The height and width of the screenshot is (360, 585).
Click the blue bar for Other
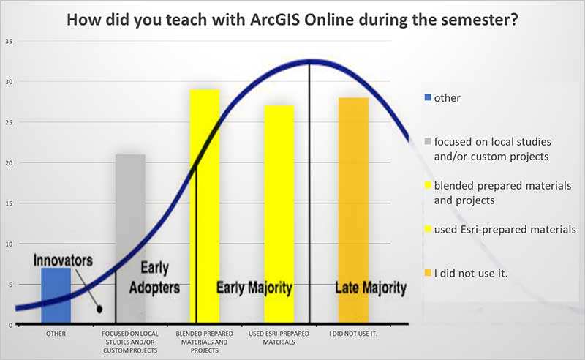pyautogui.click(x=56, y=296)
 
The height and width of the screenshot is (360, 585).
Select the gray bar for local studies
pyautogui.click(x=130, y=239)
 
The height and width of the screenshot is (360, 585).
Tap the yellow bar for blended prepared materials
pyautogui.click(x=205, y=206)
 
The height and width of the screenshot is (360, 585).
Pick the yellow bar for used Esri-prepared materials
pyautogui.click(x=279, y=214)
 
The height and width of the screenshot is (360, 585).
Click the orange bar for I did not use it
pyautogui.click(x=353, y=210)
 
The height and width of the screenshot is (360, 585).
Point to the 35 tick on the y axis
pyautogui.click(x=9, y=42)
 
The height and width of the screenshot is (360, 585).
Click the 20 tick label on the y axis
pyautogui.click(x=9, y=163)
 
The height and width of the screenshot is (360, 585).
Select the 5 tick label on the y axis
pyautogui.click(x=10, y=285)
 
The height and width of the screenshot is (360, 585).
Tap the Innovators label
pyautogui.click(x=63, y=260)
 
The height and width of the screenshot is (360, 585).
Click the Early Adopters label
pyautogui.click(x=154, y=278)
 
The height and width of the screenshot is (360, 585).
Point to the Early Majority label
pyautogui.click(x=254, y=288)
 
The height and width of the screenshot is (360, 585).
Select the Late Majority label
pyautogui.click(x=371, y=288)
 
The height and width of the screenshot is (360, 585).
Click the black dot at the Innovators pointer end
pyautogui.click(x=99, y=310)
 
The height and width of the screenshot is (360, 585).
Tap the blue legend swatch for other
pyautogui.click(x=428, y=97)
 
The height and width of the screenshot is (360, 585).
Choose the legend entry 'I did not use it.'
pyautogui.click(x=471, y=274)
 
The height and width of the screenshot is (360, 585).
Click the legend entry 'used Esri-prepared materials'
pyautogui.click(x=505, y=229)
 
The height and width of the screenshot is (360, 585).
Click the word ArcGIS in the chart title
pyautogui.click(x=276, y=20)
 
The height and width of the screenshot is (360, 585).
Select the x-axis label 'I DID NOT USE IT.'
pyautogui.click(x=353, y=334)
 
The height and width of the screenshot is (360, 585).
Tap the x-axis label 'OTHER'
pyautogui.click(x=56, y=334)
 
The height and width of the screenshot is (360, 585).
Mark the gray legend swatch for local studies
pyautogui.click(x=428, y=141)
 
